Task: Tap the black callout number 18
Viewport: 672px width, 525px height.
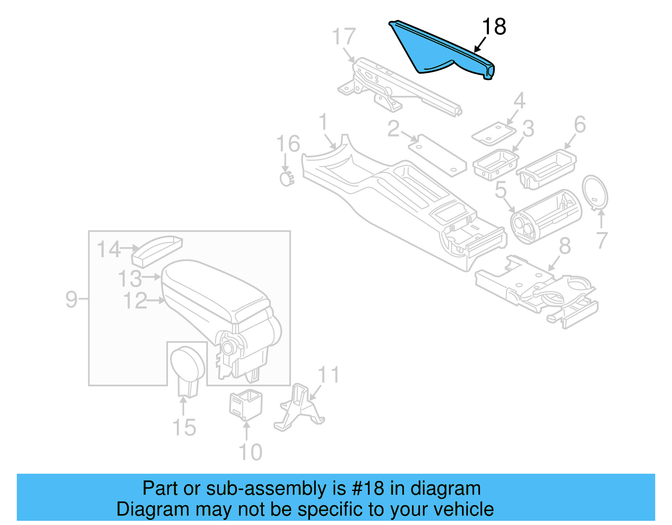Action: tap(494, 27)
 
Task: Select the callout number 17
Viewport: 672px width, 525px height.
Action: tap(344, 37)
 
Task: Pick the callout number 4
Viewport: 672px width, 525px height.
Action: tap(520, 101)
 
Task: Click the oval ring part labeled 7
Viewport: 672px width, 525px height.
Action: tap(595, 192)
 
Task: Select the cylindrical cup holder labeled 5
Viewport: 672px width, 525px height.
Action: tap(546, 216)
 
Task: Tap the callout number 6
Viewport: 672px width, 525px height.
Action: tap(580, 124)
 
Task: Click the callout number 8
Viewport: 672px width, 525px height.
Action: tap(565, 246)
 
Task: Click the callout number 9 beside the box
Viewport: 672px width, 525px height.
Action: tap(71, 299)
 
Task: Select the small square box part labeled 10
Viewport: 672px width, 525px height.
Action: tap(246, 404)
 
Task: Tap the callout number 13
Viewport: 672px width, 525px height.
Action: tap(129, 278)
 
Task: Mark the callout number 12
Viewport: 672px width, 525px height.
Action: tap(135, 301)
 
